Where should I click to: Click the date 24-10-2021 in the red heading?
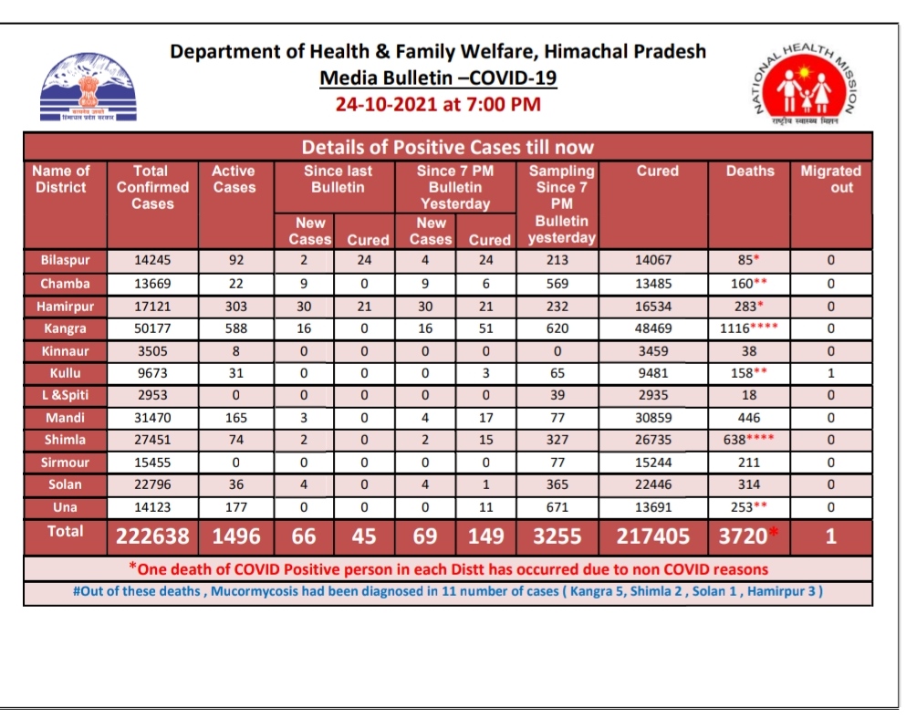click(387, 104)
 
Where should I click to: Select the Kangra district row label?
click(64, 328)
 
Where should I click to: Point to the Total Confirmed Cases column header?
click(151, 187)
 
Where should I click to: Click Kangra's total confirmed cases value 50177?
click(151, 328)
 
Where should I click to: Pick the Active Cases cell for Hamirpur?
click(234, 307)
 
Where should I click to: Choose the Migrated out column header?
click(830, 179)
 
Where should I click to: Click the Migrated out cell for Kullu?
click(830, 373)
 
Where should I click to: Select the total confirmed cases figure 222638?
click(151, 536)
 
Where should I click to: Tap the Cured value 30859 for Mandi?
click(657, 418)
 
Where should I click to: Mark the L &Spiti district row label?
click(64, 396)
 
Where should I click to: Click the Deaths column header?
click(750, 171)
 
